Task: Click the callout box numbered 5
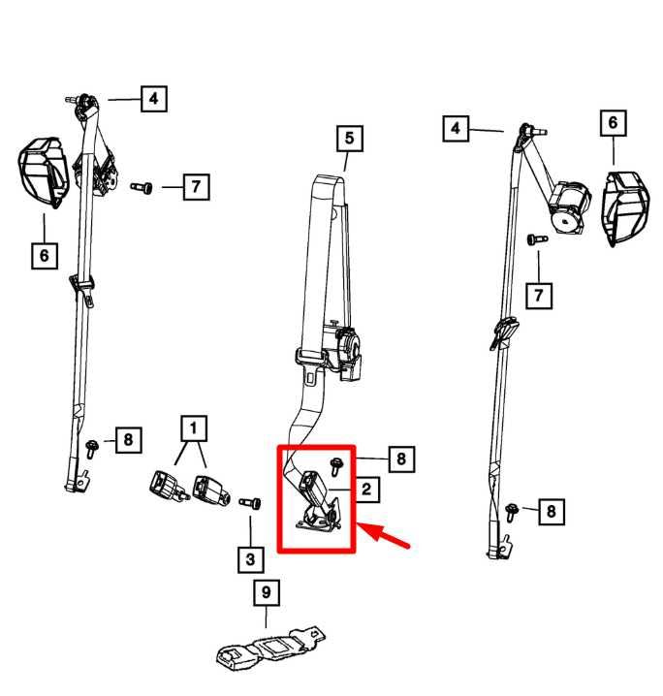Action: click(349, 138)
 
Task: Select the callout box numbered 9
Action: click(267, 592)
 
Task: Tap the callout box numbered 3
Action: click(251, 559)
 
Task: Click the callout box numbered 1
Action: click(194, 428)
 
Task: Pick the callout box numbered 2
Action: click(366, 490)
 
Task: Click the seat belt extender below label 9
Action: click(270, 649)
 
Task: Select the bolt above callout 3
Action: click(250, 503)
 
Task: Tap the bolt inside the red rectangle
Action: click(335, 466)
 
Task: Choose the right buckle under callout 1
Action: click(211, 490)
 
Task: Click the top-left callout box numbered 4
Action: click(154, 99)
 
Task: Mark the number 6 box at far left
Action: click(45, 255)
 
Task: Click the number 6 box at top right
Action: click(614, 123)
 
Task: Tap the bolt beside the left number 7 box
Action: click(142, 187)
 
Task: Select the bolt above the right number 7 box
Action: click(537, 239)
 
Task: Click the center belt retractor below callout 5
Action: click(338, 352)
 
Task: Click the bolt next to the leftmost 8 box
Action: click(92, 449)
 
